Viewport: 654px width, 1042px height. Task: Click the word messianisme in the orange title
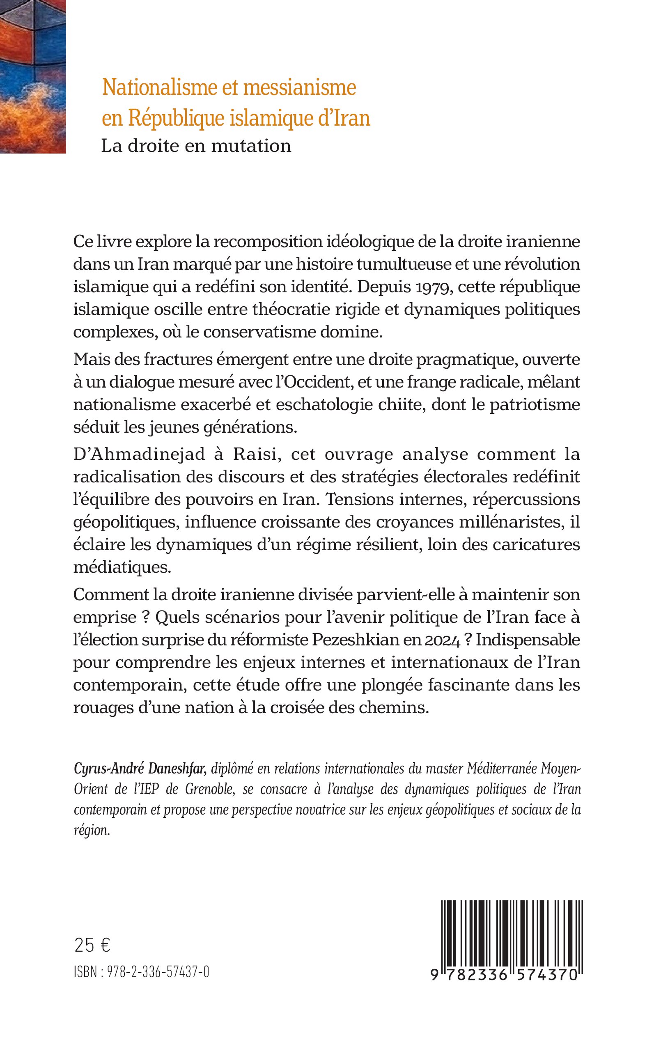coord(299,88)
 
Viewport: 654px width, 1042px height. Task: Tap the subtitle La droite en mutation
coord(196,146)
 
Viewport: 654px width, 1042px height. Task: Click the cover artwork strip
coord(32,76)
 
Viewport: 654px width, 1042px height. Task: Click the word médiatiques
coord(122,567)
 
